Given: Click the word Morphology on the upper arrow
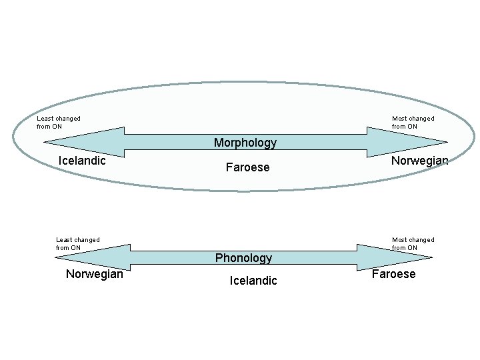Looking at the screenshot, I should point(245,143).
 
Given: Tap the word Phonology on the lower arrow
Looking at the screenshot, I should point(243,258).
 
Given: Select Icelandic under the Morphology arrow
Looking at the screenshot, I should point(82,161).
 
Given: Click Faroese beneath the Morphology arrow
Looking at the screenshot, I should point(247,167).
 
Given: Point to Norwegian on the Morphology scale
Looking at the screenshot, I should point(419,161).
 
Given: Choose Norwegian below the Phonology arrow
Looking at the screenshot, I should point(95,274).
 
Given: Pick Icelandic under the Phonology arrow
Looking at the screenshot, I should point(253,281).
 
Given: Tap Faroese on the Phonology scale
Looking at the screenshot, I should point(393,274).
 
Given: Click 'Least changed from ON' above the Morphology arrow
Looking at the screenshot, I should point(59,123).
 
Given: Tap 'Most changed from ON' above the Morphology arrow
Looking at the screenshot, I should point(413,123).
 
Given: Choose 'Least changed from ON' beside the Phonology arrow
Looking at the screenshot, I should point(78,244).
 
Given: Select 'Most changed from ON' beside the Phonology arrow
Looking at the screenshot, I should point(413,244).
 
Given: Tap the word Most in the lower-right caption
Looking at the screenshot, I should point(399,240).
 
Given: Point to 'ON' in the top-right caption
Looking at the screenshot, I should point(412,127).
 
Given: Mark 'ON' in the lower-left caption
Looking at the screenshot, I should point(75,248).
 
